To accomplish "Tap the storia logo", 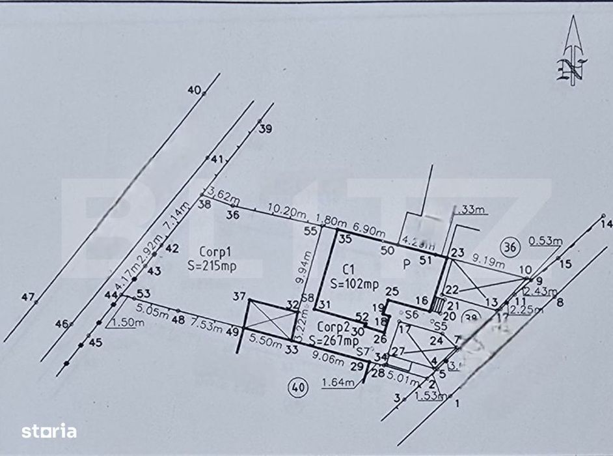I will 49,431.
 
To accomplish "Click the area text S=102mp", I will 355,283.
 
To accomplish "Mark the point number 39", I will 264,129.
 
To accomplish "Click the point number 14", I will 606,224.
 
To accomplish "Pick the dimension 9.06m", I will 327,357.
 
